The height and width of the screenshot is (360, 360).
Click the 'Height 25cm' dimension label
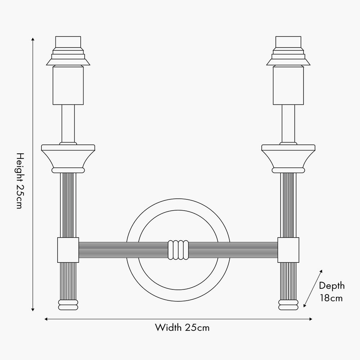[x=20, y=181]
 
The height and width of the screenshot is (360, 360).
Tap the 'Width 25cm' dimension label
[x=182, y=328]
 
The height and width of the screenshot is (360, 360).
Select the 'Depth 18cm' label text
[x=332, y=292]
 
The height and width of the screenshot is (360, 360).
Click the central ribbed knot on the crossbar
[x=178, y=250]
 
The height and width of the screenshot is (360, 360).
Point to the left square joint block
[x=68, y=250]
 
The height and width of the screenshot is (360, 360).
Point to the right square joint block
[x=288, y=250]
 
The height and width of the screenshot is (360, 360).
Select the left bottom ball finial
[x=68, y=305]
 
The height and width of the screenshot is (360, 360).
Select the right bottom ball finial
[x=288, y=305]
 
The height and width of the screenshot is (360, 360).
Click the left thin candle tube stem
[x=68, y=123]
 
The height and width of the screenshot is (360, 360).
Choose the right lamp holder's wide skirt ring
[x=288, y=62]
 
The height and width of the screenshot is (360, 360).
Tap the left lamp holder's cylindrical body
[x=68, y=85]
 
